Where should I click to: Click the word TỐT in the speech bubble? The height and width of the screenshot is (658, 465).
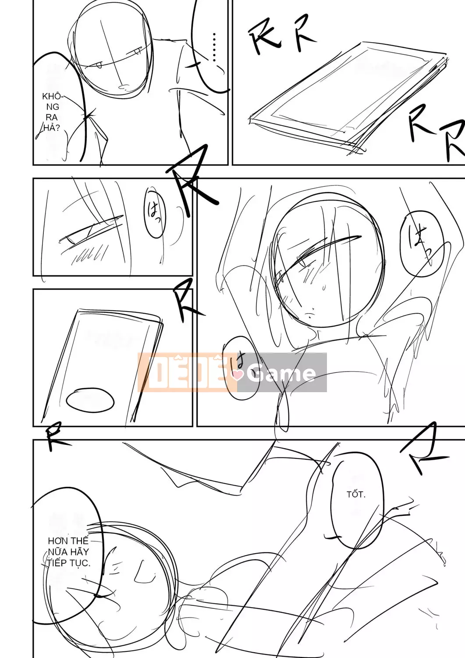355,494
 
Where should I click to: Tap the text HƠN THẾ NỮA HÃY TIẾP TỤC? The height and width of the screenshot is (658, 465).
68,552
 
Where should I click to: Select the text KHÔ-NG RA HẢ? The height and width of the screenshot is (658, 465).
51,112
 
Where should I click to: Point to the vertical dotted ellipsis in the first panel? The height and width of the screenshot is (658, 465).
214,47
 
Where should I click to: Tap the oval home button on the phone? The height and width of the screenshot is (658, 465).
90,400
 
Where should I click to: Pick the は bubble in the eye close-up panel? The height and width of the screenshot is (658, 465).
155,214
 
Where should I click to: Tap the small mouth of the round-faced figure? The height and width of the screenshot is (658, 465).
310,315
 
